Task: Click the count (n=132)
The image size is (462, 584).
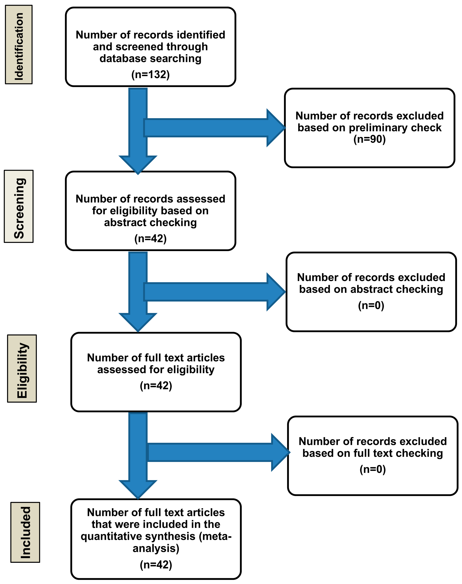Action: click(150, 74)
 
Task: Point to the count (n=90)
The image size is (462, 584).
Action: click(369, 139)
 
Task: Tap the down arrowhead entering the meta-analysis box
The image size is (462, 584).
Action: click(138, 490)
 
